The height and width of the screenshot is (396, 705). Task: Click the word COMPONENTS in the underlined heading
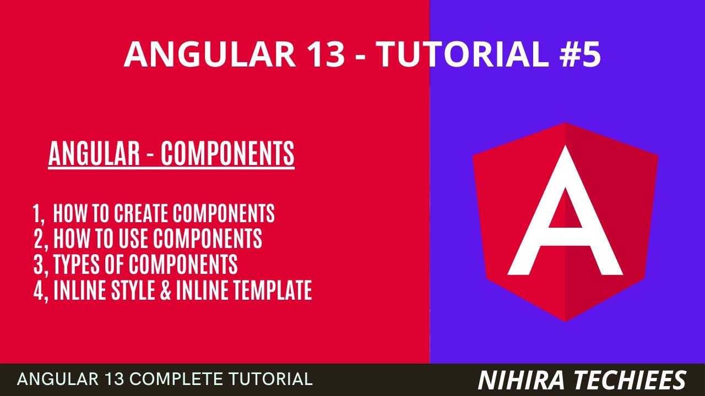point(227,154)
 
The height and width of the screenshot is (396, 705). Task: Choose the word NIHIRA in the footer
point(514,380)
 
